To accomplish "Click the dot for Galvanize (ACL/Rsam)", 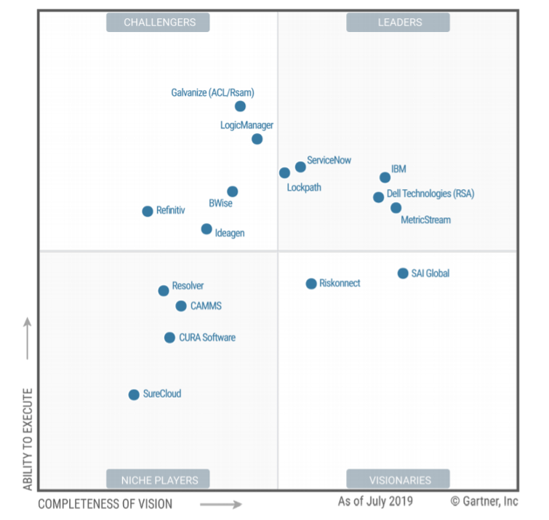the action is [240, 106].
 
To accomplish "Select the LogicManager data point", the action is [257, 139].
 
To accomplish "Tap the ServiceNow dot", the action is [300, 167].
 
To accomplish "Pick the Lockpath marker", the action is [284, 172].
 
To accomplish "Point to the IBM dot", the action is [385, 177].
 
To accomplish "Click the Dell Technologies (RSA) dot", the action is [379, 197].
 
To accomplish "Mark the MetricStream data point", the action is [396, 208].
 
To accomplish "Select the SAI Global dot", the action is [403, 273].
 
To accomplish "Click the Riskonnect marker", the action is [311, 284].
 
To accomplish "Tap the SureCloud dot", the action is [134, 395].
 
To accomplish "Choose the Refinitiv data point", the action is [148, 211].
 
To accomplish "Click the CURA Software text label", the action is [207, 337].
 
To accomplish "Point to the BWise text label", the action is [220, 203].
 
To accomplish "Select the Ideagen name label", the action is [230, 233].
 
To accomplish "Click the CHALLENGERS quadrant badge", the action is [158, 23].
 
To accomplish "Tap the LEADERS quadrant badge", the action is [398, 23].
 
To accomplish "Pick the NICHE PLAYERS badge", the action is [158, 479].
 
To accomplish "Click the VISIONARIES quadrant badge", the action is [398, 479].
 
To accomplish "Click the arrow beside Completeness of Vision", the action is [221, 504].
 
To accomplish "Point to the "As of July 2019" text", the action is [375, 501].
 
